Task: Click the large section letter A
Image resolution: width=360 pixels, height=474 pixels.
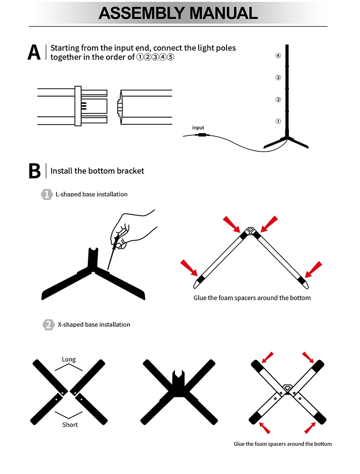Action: click(x=34, y=52)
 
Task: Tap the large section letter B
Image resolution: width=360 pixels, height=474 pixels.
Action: click(x=34, y=171)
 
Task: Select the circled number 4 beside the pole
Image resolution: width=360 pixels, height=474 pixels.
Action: click(x=278, y=56)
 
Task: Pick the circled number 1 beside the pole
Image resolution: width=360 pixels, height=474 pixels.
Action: click(x=278, y=121)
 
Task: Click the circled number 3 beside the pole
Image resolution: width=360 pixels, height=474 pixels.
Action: click(x=278, y=77)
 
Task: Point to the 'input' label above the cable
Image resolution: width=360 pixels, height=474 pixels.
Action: click(x=198, y=128)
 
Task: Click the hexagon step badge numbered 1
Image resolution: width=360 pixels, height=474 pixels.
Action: click(x=47, y=194)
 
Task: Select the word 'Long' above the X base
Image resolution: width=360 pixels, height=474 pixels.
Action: click(x=69, y=360)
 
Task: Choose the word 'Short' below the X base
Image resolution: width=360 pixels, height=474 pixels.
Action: click(x=70, y=425)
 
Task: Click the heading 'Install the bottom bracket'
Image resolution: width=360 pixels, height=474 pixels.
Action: click(x=97, y=171)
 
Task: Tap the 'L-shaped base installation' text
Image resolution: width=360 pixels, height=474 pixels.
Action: click(x=92, y=194)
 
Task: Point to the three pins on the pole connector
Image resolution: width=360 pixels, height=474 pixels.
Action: click(x=83, y=106)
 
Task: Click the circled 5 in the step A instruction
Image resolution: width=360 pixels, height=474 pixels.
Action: click(x=171, y=57)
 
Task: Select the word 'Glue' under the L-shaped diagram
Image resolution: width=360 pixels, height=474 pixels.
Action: click(x=201, y=298)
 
